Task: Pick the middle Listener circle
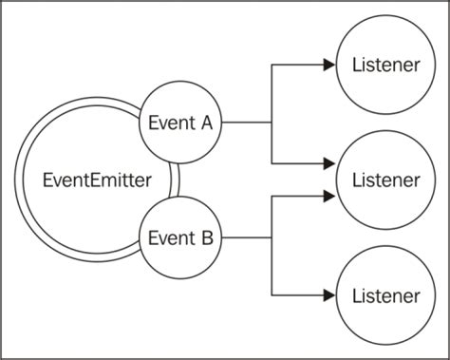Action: [x=384, y=179]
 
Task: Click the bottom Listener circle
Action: [x=384, y=294]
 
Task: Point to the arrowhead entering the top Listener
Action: [x=328, y=65]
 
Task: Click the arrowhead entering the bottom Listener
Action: [x=328, y=294]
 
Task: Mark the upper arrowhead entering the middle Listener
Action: [x=328, y=162]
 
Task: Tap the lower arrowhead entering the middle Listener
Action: [x=328, y=196]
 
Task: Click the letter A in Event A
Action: [x=206, y=123]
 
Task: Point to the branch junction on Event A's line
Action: [x=272, y=123]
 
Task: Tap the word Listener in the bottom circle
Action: [x=384, y=294]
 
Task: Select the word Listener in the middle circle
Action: [x=384, y=179]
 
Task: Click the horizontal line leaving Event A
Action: [x=247, y=123]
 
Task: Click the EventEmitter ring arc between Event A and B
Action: [x=175, y=179]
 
